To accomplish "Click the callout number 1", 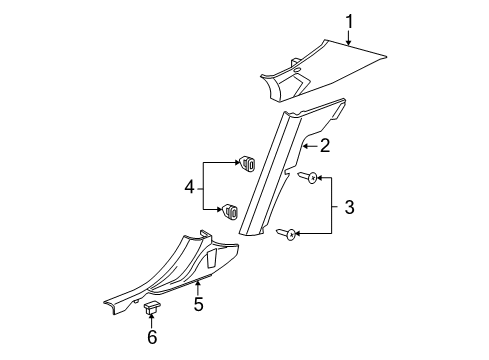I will coord(350,19).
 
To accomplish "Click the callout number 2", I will coord(325,146).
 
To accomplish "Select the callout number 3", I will coord(348,207).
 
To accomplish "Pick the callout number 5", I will coord(198,303).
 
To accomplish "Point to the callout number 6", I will coord(152,339).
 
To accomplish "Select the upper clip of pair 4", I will coord(245,162).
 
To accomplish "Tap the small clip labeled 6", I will coord(152,308).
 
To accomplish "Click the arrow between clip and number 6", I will coord(152,320).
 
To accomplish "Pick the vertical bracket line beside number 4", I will coord(204,186).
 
